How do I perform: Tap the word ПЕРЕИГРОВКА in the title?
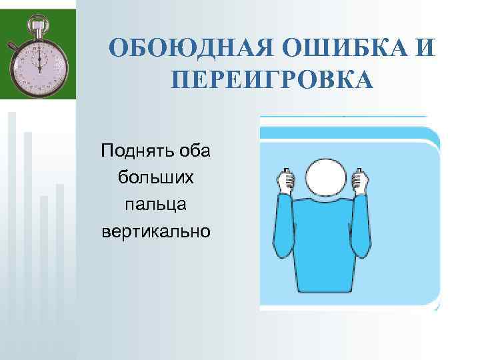coord(272,80)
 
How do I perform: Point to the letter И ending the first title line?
coord(425,48)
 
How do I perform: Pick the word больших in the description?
coord(155,177)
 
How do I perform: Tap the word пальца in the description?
coord(155,204)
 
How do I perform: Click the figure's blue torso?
coord(323,247)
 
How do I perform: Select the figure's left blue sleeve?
coord(281,227)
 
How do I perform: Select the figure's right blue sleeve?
coord(364,227)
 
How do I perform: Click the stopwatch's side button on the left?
coord(13,47)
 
